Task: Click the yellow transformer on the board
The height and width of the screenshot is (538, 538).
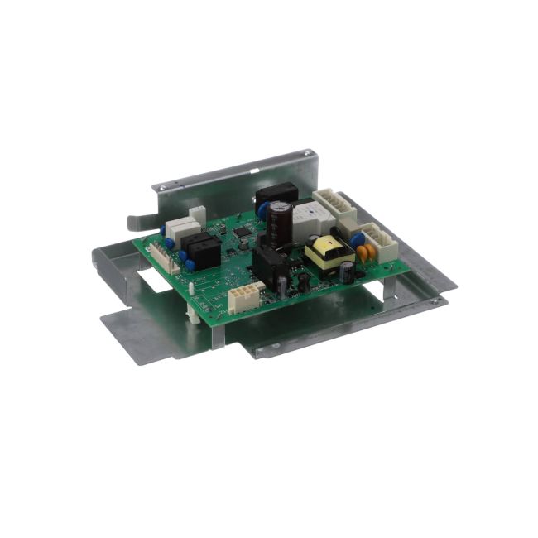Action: pyautogui.click(x=329, y=252)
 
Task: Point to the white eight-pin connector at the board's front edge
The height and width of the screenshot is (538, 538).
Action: pyautogui.click(x=246, y=295)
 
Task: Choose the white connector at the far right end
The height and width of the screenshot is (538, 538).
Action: pyautogui.click(x=379, y=243)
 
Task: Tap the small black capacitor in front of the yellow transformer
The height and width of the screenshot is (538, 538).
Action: pyautogui.click(x=348, y=272)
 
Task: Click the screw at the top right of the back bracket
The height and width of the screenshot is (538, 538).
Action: pyautogui.click(x=307, y=153)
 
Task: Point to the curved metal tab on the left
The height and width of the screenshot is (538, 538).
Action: pyautogui.click(x=138, y=222)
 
